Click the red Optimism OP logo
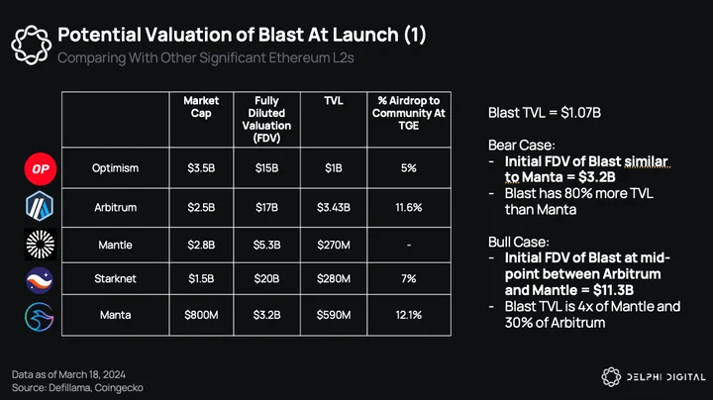click(41, 169)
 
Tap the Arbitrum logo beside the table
click(40, 206)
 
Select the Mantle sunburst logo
click(40, 245)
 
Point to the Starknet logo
click(40, 280)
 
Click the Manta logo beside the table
click(39, 317)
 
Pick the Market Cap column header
click(201, 107)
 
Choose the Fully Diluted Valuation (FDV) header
click(266, 119)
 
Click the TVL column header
click(334, 101)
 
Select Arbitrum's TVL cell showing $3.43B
click(334, 208)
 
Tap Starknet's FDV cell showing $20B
click(266, 278)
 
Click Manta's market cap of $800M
click(201, 315)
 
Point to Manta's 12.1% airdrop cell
click(408, 315)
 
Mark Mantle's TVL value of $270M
click(334, 245)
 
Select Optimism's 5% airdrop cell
click(408, 168)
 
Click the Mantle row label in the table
click(115, 245)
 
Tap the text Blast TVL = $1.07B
click(545, 113)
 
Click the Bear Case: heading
click(521, 145)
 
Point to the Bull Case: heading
click(518, 242)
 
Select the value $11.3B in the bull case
click(613, 290)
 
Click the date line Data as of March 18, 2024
click(68, 374)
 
